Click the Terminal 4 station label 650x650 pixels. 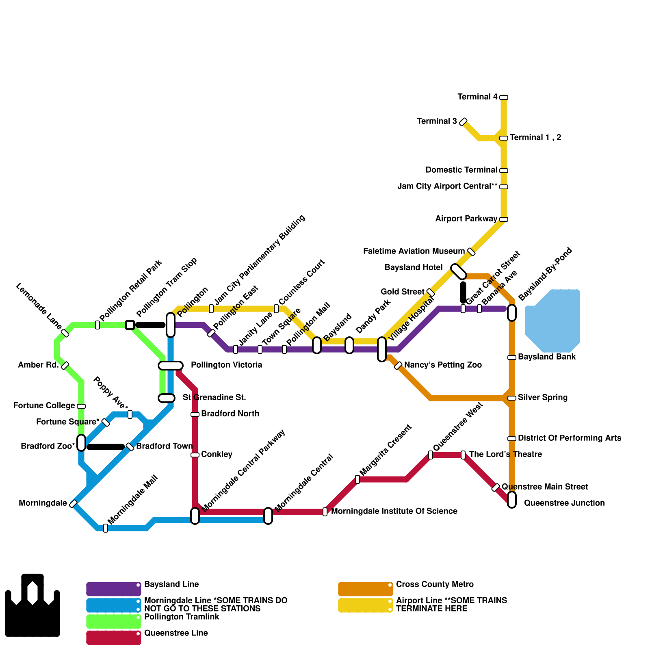click(x=477, y=97)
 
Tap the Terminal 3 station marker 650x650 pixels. click(x=463, y=122)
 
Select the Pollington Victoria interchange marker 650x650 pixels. click(x=171, y=366)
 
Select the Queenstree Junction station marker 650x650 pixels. click(x=512, y=500)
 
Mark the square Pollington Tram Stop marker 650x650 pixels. click(x=130, y=325)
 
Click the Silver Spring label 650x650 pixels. click(x=543, y=398)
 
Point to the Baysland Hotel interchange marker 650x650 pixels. click(x=459, y=272)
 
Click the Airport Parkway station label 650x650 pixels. click(x=466, y=219)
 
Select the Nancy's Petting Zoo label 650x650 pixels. click(x=443, y=365)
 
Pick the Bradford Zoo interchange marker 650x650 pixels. click(x=81, y=443)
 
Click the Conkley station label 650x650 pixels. click(x=217, y=455)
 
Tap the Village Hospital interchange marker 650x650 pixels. click(x=382, y=349)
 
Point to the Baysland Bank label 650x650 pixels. click(x=547, y=357)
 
